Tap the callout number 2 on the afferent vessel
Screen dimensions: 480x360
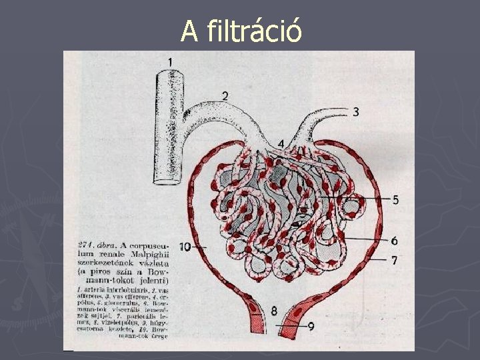click(225, 95)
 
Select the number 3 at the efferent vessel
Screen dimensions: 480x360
click(356, 112)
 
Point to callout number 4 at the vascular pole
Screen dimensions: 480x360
click(281, 143)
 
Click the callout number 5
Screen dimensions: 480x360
click(395, 199)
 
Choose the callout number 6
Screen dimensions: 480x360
click(395, 240)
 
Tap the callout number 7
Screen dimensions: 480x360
click(395, 260)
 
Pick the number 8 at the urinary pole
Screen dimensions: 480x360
click(274, 311)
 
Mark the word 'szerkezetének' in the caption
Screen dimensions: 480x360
click(101, 263)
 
